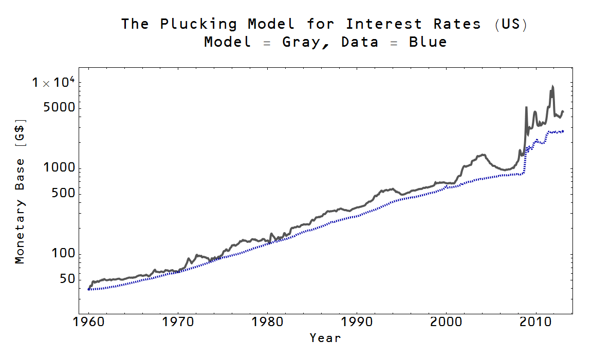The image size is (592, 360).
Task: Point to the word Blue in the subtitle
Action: (428, 42)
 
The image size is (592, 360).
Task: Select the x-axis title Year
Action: (325, 338)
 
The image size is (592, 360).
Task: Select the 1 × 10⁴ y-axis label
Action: (54, 82)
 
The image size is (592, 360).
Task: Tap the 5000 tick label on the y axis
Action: (61, 108)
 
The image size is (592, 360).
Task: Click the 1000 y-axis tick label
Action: (61, 168)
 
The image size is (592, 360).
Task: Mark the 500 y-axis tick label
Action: (64, 194)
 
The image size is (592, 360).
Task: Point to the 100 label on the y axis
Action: (64, 254)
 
